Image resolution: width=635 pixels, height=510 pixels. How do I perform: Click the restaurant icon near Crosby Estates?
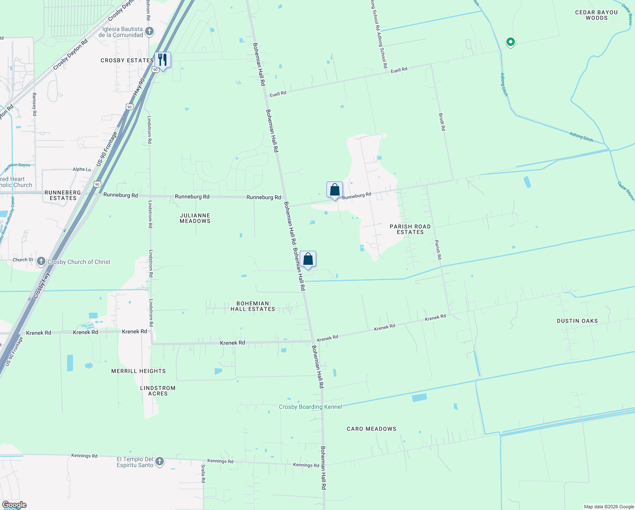tap(162, 60)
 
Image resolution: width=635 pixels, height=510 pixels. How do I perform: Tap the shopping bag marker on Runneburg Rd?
tap(334, 190)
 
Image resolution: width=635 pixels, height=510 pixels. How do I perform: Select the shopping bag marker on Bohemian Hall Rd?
tap(308, 259)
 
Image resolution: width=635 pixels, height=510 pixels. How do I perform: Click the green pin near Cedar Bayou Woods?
tap(511, 42)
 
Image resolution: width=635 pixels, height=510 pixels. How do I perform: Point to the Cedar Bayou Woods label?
tap(596, 15)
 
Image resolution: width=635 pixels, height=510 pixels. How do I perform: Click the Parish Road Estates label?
tap(410, 229)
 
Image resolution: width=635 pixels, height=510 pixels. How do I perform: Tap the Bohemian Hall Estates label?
tap(253, 306)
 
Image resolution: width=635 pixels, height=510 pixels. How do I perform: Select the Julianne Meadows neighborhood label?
tap(195, 218)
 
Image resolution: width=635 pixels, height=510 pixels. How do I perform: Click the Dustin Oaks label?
tap(577, 321)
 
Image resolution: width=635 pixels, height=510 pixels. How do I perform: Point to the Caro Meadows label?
tap(371, 429)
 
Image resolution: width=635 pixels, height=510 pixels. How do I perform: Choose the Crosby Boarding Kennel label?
tap(310, 407)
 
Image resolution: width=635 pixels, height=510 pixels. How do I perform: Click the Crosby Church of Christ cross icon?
tap(41, 261)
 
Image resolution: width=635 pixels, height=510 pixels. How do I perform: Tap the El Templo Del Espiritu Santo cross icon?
tap(160, 462)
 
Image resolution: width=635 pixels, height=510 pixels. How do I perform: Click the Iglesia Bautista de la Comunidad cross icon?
tap(149, 31)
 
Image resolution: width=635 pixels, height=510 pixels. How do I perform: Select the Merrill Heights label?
tap(138, 371)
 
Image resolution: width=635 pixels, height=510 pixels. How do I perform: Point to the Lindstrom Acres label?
tap(157, 391)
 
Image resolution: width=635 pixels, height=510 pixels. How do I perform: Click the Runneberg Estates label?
tap(63, 195)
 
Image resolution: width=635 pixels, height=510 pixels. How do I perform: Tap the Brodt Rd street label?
tap(442, 122)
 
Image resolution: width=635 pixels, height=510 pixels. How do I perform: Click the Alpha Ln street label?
tap(81, 169)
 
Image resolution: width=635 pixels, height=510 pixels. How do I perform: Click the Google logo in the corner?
tap(14, 505)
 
